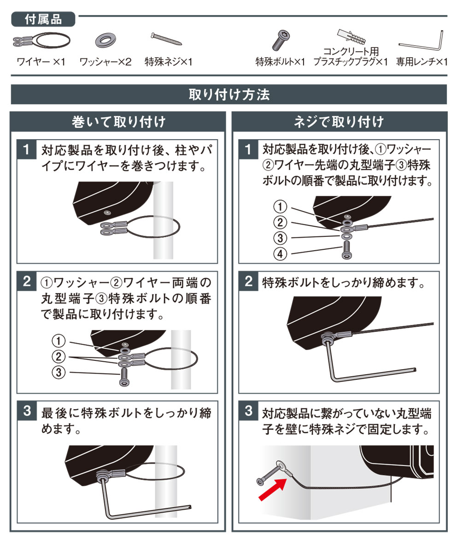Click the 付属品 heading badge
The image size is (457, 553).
point(43,19)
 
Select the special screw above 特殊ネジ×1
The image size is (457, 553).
point(166,39)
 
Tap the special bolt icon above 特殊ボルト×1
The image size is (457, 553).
point(281,40)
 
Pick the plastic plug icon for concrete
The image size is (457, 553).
point(352,37)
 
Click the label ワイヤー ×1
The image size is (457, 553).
point(41,62)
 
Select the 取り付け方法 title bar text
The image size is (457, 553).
point(229,94)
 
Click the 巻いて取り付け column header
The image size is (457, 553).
point(118,122)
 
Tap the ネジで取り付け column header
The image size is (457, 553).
point(339,122)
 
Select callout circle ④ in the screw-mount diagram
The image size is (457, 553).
point(280,254)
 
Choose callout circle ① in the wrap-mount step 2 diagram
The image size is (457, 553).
point(59,341)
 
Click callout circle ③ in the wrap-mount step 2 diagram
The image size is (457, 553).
point(59,372)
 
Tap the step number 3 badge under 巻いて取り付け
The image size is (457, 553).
point(27,411)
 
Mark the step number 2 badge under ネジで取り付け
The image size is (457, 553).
point(248,281)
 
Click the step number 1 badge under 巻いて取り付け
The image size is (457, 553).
point(26,149)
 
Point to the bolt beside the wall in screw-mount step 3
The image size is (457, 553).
point(269,475)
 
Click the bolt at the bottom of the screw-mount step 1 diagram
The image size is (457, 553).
point(346,249)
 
